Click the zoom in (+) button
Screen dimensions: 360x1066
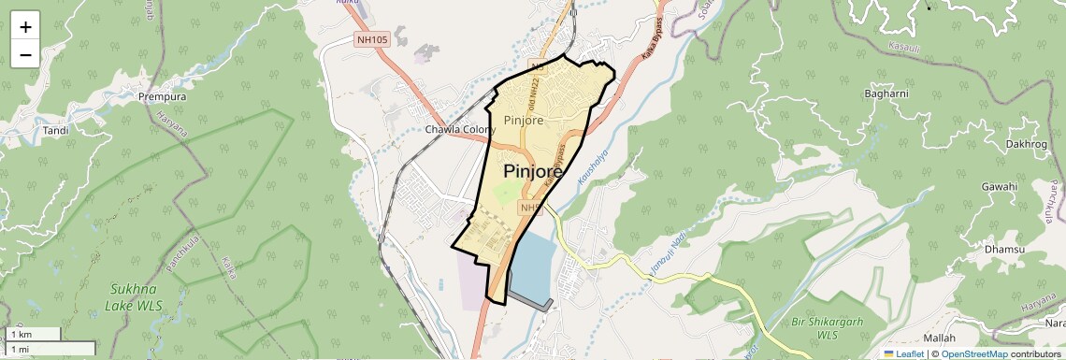[x=25, y=27]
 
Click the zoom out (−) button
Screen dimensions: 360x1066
[x=25, y=54]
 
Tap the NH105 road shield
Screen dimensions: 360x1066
[x=371, y=40]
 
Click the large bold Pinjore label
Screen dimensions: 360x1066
[x=533, y=172]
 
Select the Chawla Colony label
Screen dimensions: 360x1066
[x=459, y=130]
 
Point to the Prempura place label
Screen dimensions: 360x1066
[x=162, y=96]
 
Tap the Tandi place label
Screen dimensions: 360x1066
[x=56, y=130]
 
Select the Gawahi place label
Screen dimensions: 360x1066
[x=999, y=187]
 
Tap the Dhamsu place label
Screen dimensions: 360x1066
[x=1004, y=250]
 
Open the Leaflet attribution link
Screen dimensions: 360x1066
[x=903, y=353]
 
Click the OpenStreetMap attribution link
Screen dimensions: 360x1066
[x=973, y=353]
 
